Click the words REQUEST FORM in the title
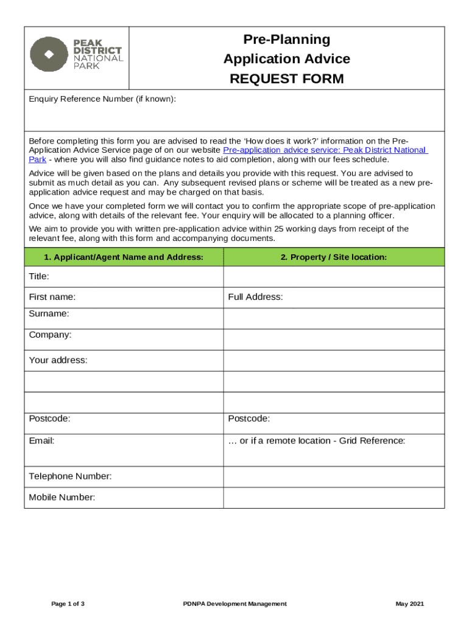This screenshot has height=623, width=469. tap(286, 79)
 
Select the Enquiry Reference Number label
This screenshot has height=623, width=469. tap(102, 99)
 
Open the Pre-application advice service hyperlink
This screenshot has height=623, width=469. tap(325, 150)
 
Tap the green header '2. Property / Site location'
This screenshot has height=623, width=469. tap(333, 257)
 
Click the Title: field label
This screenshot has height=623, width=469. tap(39, 277)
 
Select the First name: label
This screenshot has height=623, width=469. tap(52, 297)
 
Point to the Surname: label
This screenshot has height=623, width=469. tap(49, 314)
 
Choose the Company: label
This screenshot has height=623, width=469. tap(50, 335)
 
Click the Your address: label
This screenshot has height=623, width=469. tap(58, 360)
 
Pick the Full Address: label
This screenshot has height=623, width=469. tap(255, 297)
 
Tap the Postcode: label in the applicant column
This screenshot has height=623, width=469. tap(49, 419)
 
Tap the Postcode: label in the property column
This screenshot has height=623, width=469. tap(249, 419)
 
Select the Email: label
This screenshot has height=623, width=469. tap(41, 440)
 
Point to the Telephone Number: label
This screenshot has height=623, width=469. tap(70, 476)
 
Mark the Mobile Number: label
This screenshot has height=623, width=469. tap(62, 498)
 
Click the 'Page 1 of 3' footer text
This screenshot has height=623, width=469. tap(68, 604)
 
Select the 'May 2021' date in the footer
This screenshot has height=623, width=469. tap(409, 604)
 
